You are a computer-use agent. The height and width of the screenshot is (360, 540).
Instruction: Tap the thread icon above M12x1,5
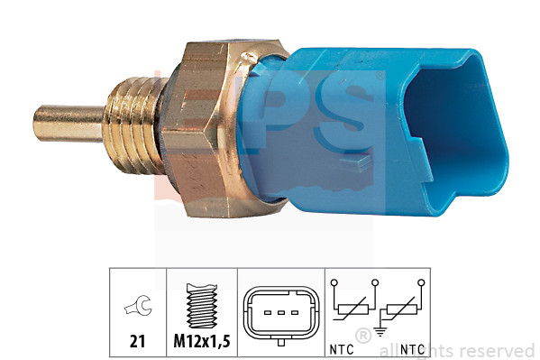point(201,307)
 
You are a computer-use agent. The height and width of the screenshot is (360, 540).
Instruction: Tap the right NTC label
point(414,346)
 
